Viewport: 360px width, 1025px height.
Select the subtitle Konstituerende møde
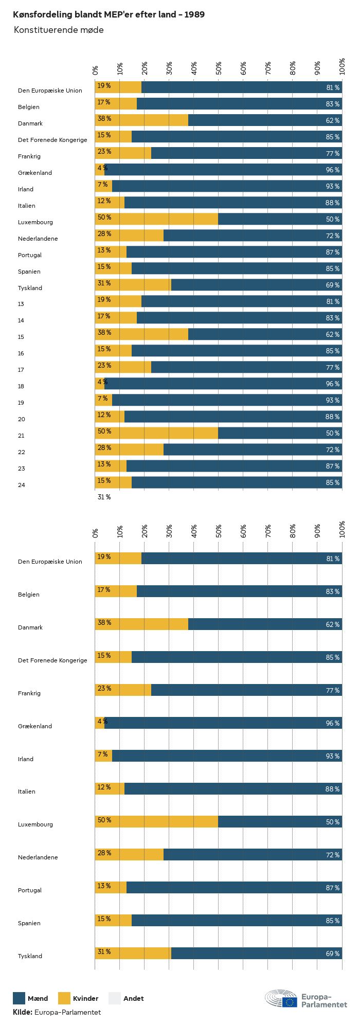59,30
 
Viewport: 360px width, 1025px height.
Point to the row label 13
21,304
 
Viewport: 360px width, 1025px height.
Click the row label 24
21,485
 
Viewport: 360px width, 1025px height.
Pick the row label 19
21,403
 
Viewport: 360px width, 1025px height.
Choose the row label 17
21,370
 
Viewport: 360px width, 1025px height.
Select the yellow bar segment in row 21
156,433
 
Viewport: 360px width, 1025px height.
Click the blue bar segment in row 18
223,384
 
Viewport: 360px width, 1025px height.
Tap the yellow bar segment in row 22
129,449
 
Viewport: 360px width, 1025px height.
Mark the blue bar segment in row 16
237,351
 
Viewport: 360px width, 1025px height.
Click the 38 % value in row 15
104,333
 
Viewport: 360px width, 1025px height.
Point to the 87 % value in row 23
332,466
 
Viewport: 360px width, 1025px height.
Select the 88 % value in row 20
332,417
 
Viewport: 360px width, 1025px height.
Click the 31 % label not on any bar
104,497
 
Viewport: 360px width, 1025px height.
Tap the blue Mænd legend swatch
19,998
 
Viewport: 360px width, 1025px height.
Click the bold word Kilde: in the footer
23,1012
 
